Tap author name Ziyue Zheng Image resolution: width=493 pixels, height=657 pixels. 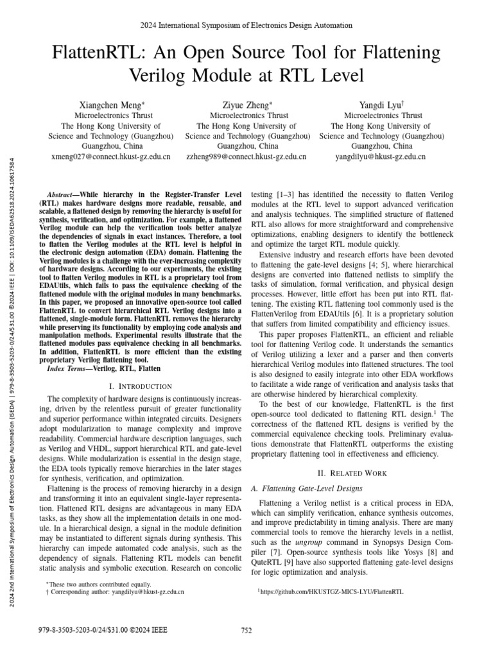coord(247,104)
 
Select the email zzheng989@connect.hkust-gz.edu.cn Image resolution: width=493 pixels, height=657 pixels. coord(246,156)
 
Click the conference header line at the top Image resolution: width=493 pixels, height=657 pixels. coord(246,25)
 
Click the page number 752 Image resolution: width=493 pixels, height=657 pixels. coord(246,631)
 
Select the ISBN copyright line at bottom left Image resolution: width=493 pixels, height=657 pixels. coord(103,631)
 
